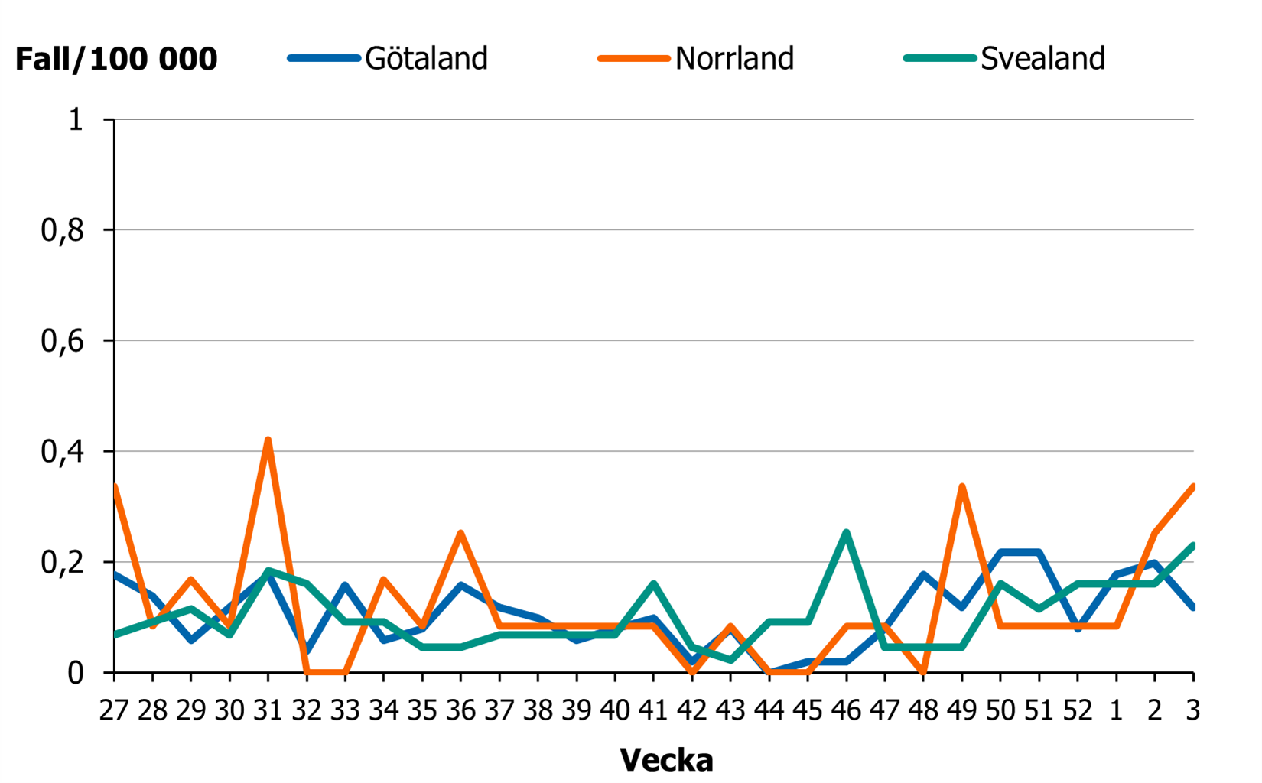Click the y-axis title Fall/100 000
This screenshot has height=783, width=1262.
(116, 59)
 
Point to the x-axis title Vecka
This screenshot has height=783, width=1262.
(666, 760)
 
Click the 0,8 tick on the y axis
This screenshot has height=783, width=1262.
(62, 230)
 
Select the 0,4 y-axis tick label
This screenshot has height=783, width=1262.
(62, 452)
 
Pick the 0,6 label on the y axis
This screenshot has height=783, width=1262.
(62, 341)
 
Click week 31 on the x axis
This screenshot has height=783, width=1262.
(268, 711)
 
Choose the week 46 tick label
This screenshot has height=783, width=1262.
(846, 711)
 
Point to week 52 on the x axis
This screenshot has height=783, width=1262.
(1077, 711)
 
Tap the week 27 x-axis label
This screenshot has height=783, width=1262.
(114, 711)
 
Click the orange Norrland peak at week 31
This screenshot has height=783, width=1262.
(268, 440)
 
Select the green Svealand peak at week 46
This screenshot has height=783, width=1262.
(846, 532)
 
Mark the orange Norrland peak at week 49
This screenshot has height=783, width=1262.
(961, 486)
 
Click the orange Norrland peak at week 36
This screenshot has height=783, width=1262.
(460, 532)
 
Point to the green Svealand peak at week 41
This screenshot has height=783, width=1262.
(653, 584)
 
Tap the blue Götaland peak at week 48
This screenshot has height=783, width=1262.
(923, 574)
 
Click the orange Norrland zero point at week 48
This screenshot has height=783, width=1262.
(923, 672)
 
